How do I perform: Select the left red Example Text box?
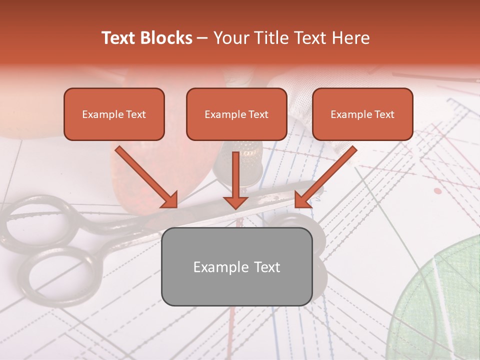pos(114,114)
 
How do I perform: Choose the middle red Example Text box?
pos(236,114)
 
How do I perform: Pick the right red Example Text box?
pos(362,114)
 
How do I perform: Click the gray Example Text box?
pos(236,266)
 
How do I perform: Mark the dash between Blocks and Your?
pos(202,38)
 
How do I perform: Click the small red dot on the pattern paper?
pos(437,191)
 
